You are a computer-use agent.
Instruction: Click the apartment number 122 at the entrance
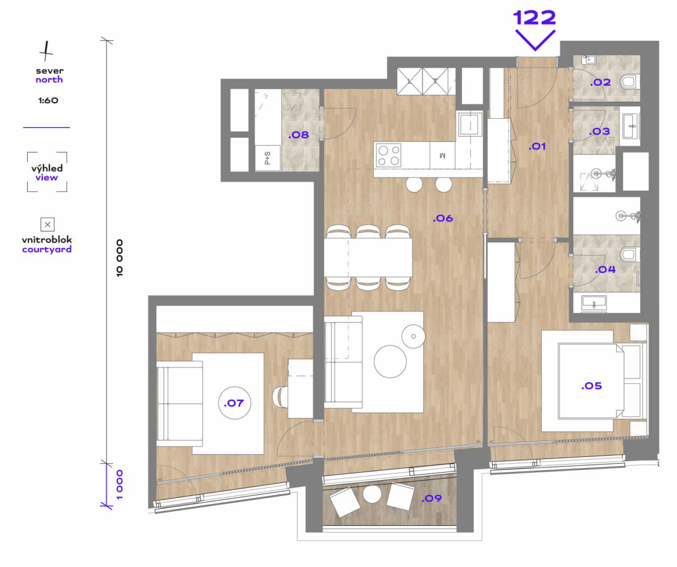tap(534, 18)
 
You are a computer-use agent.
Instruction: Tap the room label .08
tap(298, 135)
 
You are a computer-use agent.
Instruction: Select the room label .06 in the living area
tap(442, 218)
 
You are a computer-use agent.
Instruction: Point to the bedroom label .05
tap(591, 386)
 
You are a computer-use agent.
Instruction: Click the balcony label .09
tap(431, 498)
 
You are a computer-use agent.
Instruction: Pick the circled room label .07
tap(234, 403)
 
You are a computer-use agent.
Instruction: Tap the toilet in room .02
tap(630, 82)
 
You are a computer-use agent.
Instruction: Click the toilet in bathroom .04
tap(630, 254)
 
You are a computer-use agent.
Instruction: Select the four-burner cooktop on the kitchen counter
tap(389, 155)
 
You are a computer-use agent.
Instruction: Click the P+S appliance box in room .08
tap(268, 158)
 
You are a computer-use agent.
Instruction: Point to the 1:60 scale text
tap(49, 101)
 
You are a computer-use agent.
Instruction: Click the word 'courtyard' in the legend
tap(47, 250)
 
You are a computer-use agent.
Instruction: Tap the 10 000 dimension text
tap(120, 258)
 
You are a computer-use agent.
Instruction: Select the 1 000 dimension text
tap(120, 485)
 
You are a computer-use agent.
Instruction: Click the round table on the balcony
tap(372, 494)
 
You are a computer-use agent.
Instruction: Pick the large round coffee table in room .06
tap(390, 361)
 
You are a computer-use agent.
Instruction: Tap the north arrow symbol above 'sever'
tap(46, 51)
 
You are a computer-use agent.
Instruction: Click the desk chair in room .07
tap(280, 396)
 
